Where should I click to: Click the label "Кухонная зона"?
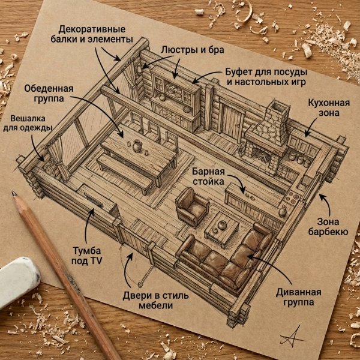pos(329,107)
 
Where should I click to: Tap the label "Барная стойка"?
pos(208,176)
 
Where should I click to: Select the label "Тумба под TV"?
pos(87,256)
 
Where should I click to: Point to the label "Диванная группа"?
pos(298,297)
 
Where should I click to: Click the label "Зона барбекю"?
pos(328,227)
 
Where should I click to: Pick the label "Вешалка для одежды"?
pos(28,123)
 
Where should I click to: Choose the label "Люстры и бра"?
pos(193,50)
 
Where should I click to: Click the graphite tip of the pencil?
pos(14,193)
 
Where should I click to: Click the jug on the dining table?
pos(137,146)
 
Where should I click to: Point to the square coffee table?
pos(221,230)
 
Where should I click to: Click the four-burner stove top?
pos(292,197)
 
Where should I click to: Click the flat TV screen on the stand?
pos(94,200)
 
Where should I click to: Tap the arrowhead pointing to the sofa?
pos(251,257)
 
